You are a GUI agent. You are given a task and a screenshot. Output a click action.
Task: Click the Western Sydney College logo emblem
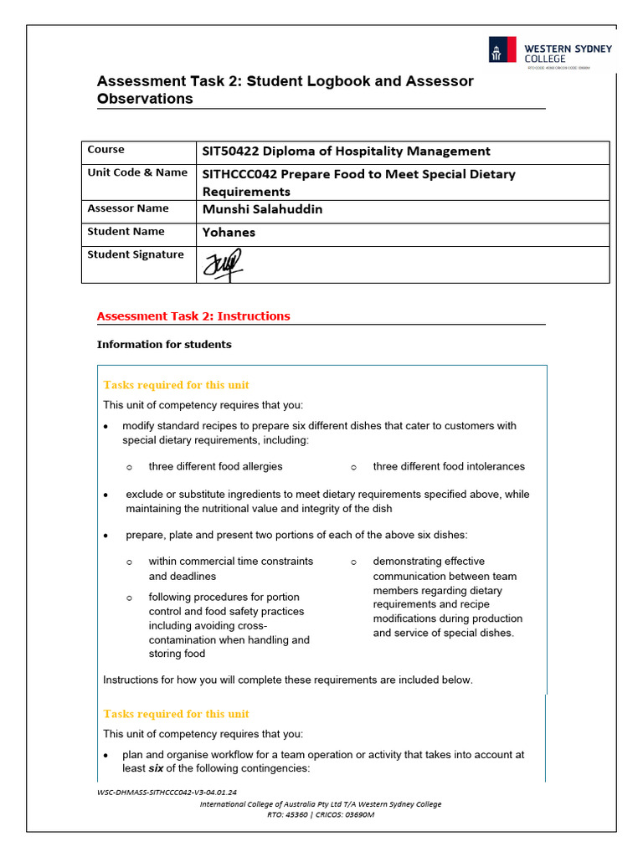[502, 49]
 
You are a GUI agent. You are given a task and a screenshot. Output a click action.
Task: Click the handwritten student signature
[221, 266]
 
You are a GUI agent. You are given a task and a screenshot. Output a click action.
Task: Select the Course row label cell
[105, 150]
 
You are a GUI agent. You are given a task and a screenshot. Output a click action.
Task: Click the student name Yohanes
[229, 233]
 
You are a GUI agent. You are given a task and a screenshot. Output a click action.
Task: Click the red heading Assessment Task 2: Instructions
[193, 316]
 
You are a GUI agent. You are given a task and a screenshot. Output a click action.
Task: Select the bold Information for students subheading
[164, 345]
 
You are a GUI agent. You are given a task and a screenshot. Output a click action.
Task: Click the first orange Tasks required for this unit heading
[176, 385]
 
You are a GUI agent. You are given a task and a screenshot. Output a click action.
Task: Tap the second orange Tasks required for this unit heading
[176, 714]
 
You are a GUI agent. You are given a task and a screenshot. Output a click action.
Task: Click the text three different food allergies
[215, 466]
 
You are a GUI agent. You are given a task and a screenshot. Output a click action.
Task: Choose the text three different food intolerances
[449, 466]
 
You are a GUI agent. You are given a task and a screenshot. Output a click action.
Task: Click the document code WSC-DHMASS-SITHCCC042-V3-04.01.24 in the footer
[167, 792]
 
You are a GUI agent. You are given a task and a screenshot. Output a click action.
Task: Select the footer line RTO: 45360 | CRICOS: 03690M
[321, 814]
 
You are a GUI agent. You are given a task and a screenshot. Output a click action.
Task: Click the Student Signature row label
[136, 254]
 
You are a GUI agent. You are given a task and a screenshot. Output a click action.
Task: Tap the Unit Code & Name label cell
[137, 172]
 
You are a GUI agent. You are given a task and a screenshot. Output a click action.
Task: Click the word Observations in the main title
[145, 99]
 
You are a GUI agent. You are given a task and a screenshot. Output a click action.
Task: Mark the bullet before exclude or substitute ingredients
[105, 495]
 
